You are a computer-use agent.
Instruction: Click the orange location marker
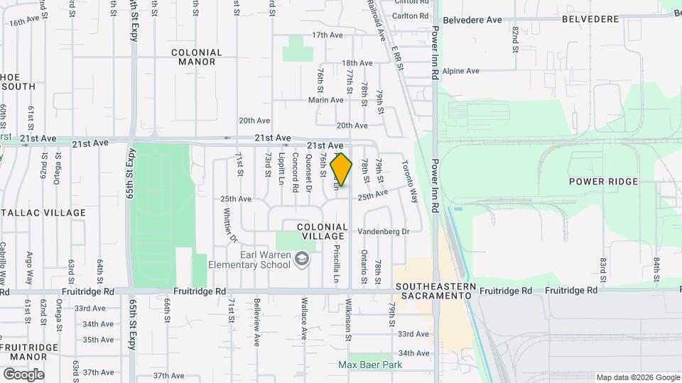(342, 170)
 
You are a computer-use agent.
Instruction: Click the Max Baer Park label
(370, 365)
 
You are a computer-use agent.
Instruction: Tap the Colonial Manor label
(197, 57)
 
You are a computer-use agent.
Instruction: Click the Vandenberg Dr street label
(384, 232)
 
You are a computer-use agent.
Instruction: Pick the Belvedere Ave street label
(472, 20)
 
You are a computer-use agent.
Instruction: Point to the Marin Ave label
(326, 100)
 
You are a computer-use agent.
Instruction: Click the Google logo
(23, 374)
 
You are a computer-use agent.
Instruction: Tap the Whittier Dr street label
(229, 225)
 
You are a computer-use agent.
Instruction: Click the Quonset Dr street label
(308, 174)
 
